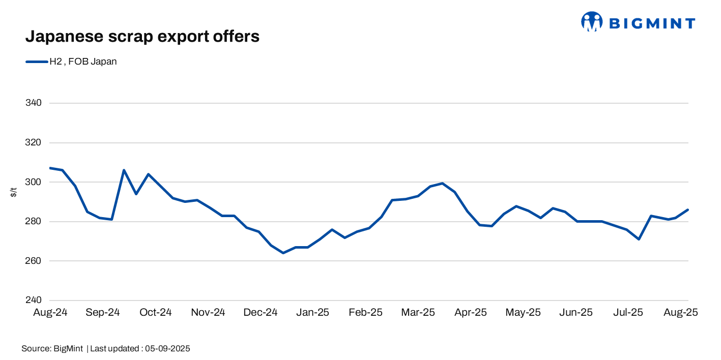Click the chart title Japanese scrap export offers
point(142,36)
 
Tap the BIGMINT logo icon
point(592,22)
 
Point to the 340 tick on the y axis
point(33,103)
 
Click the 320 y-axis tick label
point(33,143)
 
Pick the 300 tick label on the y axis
point(33,182)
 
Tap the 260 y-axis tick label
point(33,261)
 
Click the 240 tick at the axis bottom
point(33,301)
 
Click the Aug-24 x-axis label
point(50,312)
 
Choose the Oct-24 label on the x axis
point(155,312)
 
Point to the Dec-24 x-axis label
point(261,312)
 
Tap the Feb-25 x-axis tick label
point(365,312)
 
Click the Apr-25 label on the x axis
point(470,312)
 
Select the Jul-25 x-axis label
point(628,312)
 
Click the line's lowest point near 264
point(283,253)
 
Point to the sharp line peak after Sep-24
point(124,170)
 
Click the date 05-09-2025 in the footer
point(167,349)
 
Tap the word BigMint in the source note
point(68,349)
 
